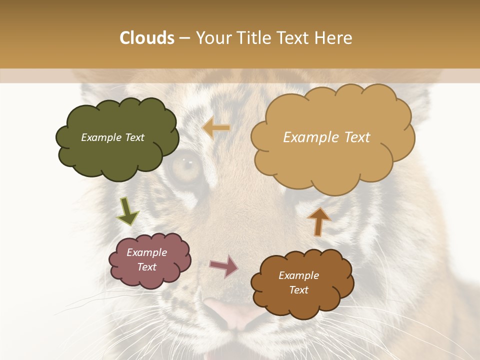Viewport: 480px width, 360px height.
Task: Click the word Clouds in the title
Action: [x=147, y=38]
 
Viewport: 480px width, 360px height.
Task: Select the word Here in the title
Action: [x=334, y=38]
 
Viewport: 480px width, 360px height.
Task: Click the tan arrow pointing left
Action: [x=216, y=128]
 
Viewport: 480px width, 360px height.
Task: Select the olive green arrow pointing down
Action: [x=127, y=211]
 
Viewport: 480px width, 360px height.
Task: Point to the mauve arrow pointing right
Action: [x=224, y=266]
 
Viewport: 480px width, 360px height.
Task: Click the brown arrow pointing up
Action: [x=318, y=221]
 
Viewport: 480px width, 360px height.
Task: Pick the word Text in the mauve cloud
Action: [x=147, y=267]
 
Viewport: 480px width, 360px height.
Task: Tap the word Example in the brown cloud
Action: [x=299, y=275]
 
